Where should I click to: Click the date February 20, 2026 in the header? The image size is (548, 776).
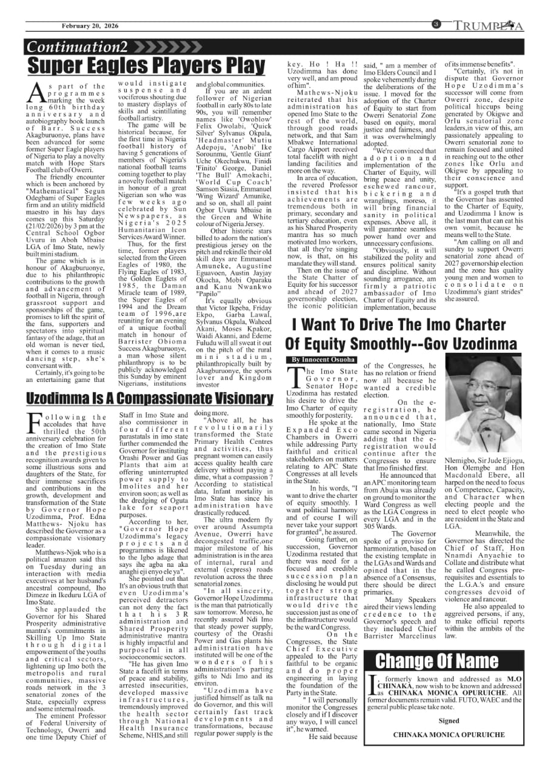pos(91,25)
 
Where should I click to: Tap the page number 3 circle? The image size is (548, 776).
pos(436,24)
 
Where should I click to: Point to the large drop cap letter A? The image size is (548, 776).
pos(36,93)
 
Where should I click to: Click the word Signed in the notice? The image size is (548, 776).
pos(449,721)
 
